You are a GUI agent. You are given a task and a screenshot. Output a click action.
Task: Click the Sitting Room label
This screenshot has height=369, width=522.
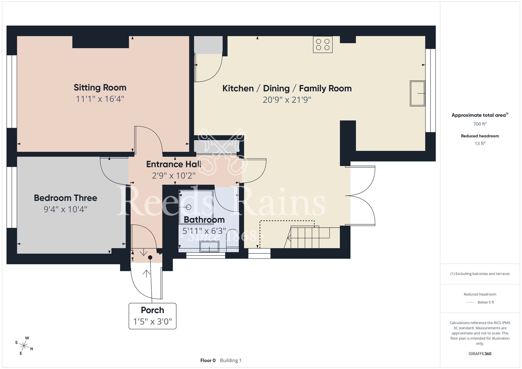point(100,88)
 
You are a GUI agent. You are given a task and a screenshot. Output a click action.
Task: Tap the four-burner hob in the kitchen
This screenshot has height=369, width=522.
point(323,45)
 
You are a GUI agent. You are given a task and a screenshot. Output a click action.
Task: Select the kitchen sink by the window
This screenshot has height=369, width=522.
point(417,93)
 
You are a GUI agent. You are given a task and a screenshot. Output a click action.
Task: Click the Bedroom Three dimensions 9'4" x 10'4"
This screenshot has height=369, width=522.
point(66,209)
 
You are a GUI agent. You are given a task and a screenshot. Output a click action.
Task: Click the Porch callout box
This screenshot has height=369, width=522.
point(152,316)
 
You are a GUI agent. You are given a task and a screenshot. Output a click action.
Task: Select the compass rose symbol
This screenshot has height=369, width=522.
point(24,346)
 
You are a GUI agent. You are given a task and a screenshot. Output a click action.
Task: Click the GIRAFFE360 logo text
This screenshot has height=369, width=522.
point(480,354)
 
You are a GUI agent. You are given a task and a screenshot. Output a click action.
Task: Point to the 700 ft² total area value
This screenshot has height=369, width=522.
point(480,124)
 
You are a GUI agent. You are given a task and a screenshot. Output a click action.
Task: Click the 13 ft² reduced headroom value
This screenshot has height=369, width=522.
point(480,143)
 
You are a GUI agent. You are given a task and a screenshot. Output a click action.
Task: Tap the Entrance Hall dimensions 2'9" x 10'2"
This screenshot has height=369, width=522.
point(174,176)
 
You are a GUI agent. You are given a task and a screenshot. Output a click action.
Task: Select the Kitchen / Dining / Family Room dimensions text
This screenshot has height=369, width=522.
point(287,100)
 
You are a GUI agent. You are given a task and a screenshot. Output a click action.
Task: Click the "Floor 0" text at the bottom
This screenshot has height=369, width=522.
point(208,360)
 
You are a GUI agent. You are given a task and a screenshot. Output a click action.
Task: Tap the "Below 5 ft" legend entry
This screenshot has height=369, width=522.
point(486,302)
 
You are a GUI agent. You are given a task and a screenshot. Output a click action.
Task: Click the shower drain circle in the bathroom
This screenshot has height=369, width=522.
point(189,207)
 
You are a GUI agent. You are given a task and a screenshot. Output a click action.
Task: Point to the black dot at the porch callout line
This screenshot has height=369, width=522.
point(150,258)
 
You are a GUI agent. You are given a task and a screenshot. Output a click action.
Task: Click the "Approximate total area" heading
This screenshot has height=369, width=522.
point(480,115)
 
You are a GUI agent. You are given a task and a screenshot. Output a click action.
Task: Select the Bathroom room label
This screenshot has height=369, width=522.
point(204,220)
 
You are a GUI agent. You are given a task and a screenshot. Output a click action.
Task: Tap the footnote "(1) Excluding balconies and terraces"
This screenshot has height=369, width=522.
point(480,274)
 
